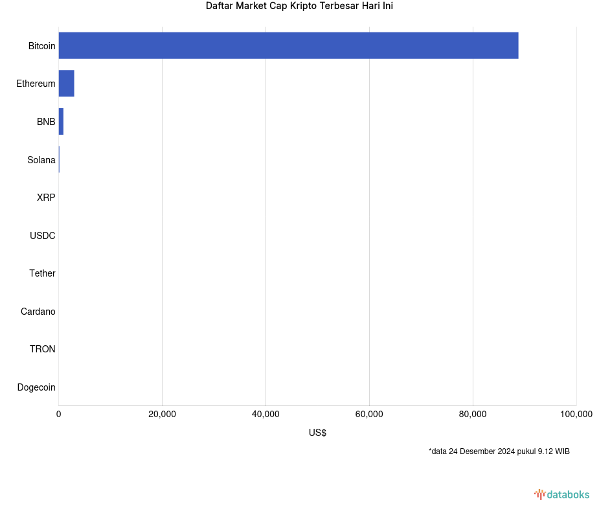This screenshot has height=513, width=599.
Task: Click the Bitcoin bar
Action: [288, 45]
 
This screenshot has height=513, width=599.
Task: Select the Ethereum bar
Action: [66, 84]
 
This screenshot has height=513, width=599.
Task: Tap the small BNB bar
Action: [61, 122]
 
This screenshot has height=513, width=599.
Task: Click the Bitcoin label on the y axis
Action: [41, 46]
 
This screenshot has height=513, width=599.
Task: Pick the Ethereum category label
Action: [36, 84]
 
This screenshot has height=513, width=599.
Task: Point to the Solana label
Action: [41, 160]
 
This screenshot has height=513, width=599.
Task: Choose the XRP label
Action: [46, 198]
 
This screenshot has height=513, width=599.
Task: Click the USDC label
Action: [42, 236]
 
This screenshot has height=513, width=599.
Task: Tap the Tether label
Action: [42, 273]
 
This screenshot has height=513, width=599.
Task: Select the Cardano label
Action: [38, 312]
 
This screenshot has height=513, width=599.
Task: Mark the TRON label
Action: [42, 349]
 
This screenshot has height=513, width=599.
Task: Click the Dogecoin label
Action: [36, 387]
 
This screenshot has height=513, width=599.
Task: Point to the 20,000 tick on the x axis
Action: [162, 415]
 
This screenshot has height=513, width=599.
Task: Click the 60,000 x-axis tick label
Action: [369, 415]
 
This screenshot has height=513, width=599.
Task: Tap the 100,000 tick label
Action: [576, 415]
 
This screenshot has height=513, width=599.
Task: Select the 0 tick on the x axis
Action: [59, 415]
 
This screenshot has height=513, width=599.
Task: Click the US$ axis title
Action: [317, 433]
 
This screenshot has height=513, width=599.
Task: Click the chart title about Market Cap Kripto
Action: [299, 6]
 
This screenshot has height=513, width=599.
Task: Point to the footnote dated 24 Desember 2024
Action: [499, 451]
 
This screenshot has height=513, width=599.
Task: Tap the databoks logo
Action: [561, 495]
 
